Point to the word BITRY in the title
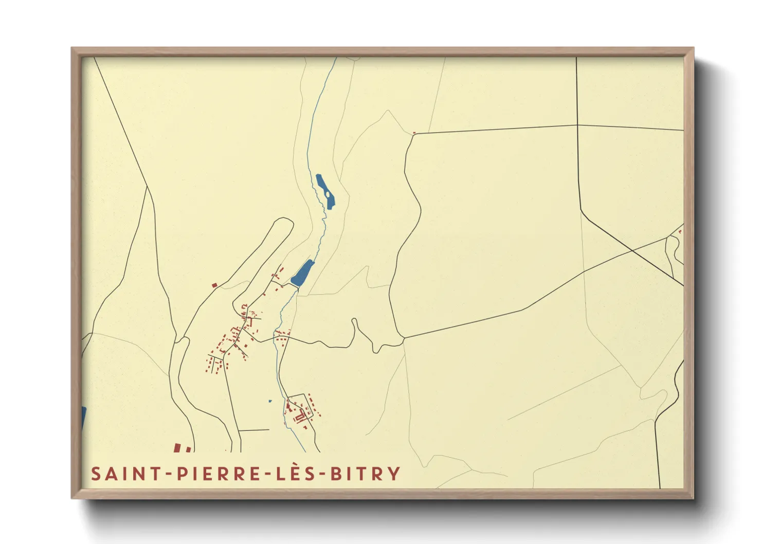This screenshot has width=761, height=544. (x=365, y=474)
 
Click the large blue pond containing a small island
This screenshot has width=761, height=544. (x=324, y=191)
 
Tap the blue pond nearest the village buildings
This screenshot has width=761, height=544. (x=302, y=272)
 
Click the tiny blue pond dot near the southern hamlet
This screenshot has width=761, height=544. (x=270, y=401)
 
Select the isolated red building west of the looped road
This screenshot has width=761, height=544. (x=214, y=284)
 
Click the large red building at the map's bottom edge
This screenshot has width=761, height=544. (x=177, y=448)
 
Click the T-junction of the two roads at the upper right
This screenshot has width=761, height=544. (x=577, y=125)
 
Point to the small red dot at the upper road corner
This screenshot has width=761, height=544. (x=414, y=133)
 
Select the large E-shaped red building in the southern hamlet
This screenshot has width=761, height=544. (x=300, y=418)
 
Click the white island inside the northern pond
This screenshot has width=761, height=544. (x=327, y=194)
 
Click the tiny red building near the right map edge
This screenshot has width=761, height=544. (x=680, y=232)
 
